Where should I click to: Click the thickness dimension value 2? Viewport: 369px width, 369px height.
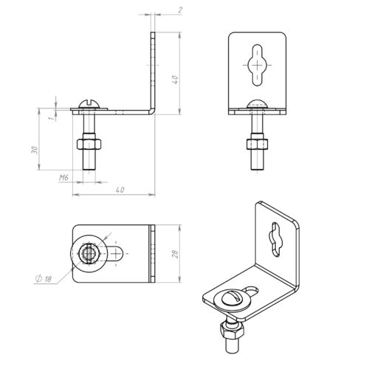click(180, 10)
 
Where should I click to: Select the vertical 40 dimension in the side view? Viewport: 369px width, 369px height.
click(175, 80)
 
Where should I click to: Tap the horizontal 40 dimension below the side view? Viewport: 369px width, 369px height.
click(120, 190)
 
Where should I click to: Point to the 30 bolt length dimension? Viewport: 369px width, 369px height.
click(35, 150)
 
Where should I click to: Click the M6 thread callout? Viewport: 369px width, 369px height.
click(63, 177)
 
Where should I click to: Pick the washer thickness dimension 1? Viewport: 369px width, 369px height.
click(51, 118)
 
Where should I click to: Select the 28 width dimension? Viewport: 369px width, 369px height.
click(175, 254)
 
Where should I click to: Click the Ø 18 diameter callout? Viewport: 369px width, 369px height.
click(44, 278)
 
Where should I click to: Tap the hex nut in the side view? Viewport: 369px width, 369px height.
click(89, 144)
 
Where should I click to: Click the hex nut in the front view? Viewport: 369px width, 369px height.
click(257, 144)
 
